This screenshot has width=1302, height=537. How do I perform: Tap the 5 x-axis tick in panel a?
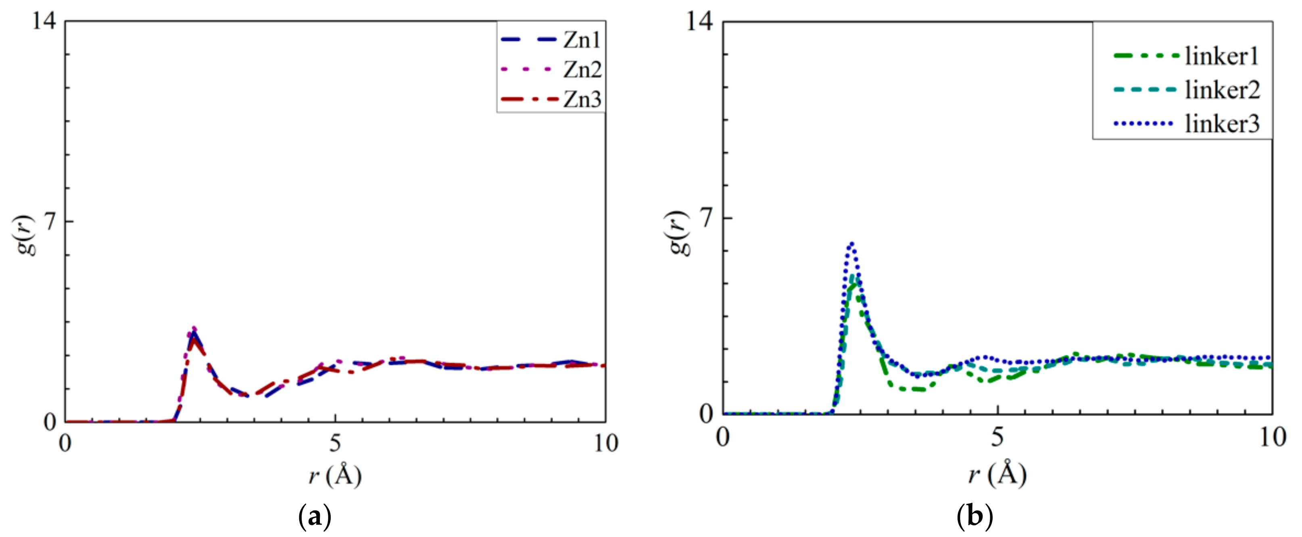[x=335, y=443]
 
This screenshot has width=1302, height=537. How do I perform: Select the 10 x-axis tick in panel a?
[x=605, y=443]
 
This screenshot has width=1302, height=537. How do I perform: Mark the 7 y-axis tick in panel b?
[x=707, y=218]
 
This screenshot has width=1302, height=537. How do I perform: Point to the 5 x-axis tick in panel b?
[x=997, y=437]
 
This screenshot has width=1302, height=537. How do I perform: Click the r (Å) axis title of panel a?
[x=335, y=475]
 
